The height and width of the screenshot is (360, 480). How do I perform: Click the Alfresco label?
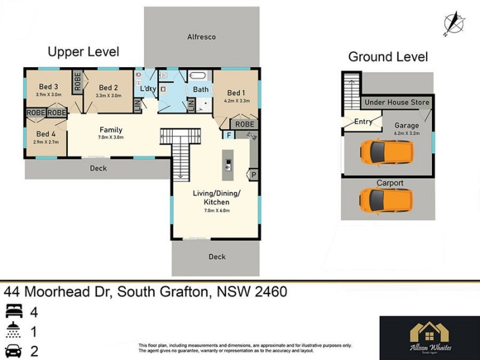pyautogui.click(x=201, y=37)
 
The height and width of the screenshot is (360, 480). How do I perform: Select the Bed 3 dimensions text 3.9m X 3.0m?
pyautogui.click(x=48, y=95)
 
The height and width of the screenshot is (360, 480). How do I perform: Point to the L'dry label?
pyautogui.click(x=148, y=89)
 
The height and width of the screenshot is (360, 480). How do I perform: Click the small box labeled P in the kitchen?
pyautogui.click(x=254, y=175)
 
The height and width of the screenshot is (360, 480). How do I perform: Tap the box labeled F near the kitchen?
pyautogui.click(x=228, y=135)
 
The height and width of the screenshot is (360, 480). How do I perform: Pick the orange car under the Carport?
pyautogui.click(x=386, y=199)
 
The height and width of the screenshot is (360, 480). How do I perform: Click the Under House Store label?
pyautogui.click(x=397, y=103)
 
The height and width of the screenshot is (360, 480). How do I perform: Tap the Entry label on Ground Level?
pyautogui.click(x=363, y=122)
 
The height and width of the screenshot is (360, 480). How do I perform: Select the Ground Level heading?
pyautogui.click(x=388, y=57)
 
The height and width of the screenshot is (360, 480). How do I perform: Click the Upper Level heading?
pyautogui.click(x=83, y=52)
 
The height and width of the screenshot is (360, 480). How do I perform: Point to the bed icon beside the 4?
pyautogui.click(x=14, y=313)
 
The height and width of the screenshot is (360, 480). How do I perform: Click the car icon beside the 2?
pyautogui.click(x=14, y=351)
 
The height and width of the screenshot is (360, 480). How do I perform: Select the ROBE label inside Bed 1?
pyautogui.click(x=244, y=124)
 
